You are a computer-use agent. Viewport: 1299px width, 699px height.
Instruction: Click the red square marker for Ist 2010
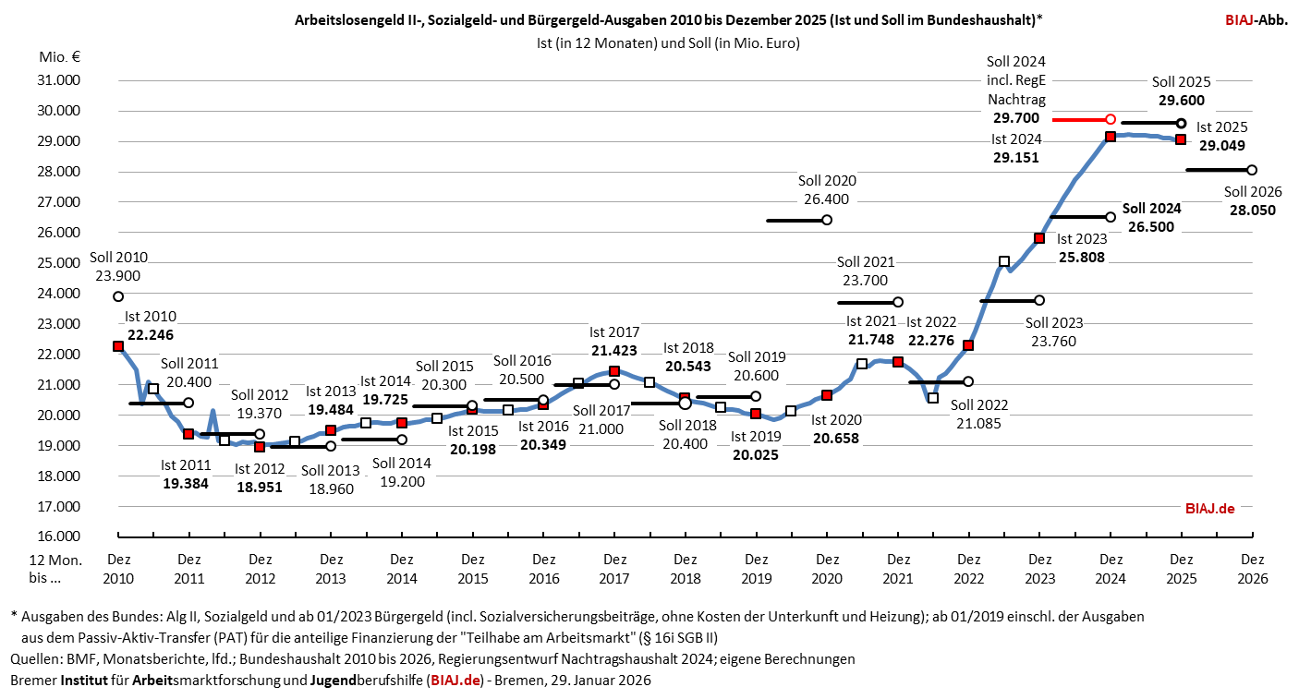pyautogui.click(x=118, y=346)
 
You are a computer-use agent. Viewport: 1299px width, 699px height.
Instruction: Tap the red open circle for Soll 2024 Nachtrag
pyautogui.click(x=1111, y=120)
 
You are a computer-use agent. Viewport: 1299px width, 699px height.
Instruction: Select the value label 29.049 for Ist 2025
pyautogui.click(x=1222, y=145)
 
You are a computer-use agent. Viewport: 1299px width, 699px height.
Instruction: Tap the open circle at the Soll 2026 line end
pyautogui.click(x=1252, y=170)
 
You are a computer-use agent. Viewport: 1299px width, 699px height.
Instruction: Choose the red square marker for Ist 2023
pyautogui.click(x=1039, y=238)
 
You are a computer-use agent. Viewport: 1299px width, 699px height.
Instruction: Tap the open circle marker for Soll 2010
pyautogui.click(x=118, y=296)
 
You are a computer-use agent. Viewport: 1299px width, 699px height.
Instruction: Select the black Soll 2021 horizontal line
pyautogui.click(x=868, y=302)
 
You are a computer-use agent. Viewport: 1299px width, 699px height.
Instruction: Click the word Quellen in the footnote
pyautogui.click(x=35, y=659)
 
